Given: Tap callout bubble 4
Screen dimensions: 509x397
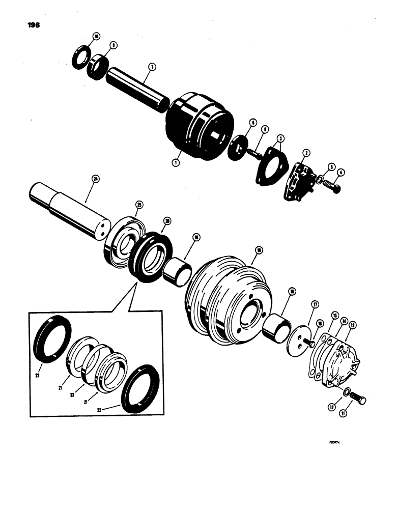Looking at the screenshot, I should tap(340, 173).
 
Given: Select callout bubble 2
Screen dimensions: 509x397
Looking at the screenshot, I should tap(306, 153).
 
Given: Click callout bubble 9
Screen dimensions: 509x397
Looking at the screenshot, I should tap(114, 45).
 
